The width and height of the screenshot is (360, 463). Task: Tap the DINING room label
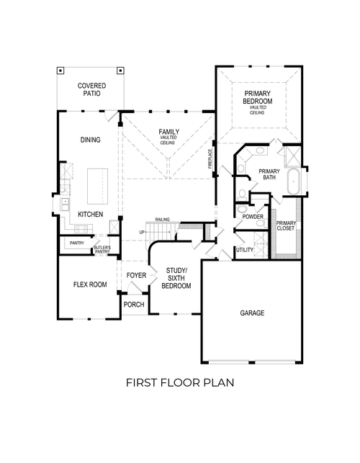90,140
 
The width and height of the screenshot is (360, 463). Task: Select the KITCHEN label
91,215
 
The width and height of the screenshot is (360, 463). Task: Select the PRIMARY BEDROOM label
258,98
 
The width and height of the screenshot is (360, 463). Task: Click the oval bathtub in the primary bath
293,183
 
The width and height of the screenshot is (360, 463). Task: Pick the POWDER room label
252,217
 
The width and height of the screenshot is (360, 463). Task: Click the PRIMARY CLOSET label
286,226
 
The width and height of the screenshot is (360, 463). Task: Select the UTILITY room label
245,249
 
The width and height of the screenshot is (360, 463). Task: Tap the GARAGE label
252,313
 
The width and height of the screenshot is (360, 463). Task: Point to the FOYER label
136,276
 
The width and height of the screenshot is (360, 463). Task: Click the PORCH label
134,305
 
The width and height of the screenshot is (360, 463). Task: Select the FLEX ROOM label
90,284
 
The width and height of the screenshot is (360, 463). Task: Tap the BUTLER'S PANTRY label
102,249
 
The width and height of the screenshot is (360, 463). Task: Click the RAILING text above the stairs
161,220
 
